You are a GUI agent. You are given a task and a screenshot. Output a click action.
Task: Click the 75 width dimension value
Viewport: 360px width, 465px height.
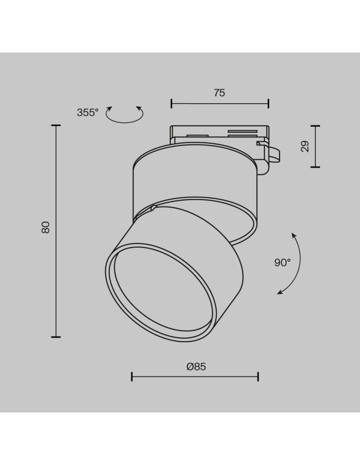point(220,93)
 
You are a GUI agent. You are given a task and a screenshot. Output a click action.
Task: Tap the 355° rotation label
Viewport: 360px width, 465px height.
point(87,112)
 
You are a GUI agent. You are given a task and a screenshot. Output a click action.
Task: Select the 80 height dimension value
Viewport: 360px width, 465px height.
point(45,227)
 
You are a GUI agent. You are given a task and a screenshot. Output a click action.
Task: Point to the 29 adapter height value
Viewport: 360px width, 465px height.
point(305,146)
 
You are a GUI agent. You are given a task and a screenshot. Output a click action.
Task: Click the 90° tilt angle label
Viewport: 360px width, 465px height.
point(282,262)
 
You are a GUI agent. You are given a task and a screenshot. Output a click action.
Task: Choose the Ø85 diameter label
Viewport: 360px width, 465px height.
point(196,366)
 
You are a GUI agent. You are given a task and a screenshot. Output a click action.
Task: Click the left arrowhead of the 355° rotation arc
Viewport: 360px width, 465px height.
point(110,108)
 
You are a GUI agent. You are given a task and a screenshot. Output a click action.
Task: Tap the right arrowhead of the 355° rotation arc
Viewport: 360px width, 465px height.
point(139,108)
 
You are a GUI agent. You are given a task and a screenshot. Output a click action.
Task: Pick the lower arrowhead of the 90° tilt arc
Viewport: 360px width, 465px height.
point(280,292)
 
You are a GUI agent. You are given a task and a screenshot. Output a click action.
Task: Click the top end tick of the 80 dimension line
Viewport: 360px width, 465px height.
point(56,126)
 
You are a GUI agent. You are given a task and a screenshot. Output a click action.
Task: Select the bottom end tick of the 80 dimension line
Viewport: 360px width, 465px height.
point(56,337)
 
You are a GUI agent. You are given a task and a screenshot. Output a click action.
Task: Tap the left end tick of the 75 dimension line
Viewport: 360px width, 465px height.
point(171,103)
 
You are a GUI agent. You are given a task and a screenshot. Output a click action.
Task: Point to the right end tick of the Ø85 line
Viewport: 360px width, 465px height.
point(258,376)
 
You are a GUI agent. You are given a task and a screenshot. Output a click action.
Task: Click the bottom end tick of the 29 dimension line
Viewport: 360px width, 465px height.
point(315,167)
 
